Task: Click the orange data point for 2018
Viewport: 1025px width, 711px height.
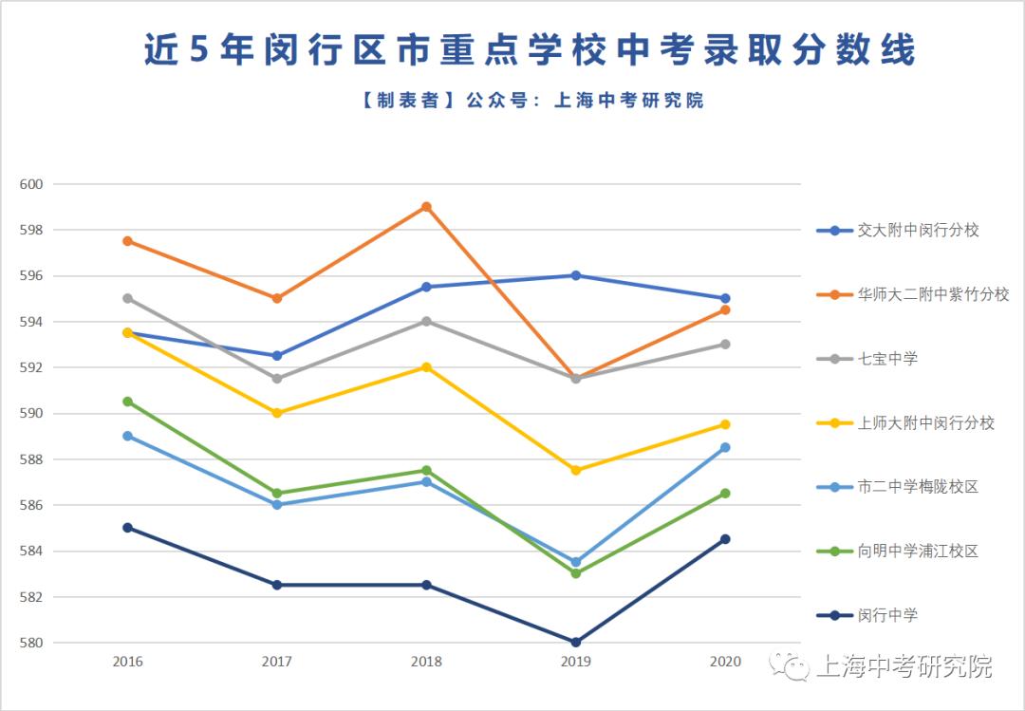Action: tap(426, 207)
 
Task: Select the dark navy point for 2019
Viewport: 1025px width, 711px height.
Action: tap(576, 642)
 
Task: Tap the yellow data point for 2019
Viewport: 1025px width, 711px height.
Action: tap(576, 470)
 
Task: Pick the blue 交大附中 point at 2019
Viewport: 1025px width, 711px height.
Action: tap(576, 275)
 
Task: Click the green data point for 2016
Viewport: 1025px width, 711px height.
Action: tap(127, 402)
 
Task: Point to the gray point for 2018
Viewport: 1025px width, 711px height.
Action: tap(426, 321)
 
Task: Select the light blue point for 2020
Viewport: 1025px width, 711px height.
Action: tap(725, 447)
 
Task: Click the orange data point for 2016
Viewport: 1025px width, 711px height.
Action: tap(127, 241)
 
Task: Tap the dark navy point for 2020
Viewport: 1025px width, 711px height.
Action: tap(725, 539)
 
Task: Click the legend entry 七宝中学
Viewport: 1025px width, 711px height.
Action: tap(887, 359)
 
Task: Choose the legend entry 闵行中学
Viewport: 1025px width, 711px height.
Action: tap(887, 615)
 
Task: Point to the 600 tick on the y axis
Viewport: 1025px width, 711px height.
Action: tap(32, 184)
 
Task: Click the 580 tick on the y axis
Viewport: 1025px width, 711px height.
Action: tap(32, 643)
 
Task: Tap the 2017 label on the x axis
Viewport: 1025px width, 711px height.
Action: tap(277, 661)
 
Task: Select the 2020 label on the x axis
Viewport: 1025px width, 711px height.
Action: tap(725, 661)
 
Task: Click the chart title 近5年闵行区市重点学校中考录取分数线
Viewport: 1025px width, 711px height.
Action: tap(530, 50)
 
